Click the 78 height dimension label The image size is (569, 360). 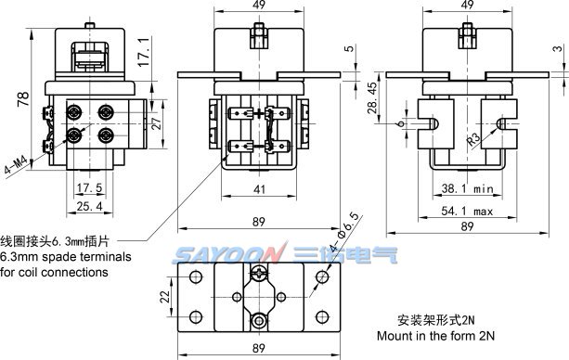tap(23, 98)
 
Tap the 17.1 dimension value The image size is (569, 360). tap(144, 52)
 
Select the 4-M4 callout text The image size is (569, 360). tap(16, 165)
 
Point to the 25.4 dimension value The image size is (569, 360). tap(90, 206)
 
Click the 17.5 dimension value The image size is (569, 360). tap(90, 187)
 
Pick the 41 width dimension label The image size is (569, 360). tap(259, 189)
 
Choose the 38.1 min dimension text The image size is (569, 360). tap(468, 188)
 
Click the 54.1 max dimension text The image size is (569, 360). tap(467, 211)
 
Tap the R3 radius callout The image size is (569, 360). tap(473, 139)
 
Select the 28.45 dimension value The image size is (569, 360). tap(372, 97)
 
